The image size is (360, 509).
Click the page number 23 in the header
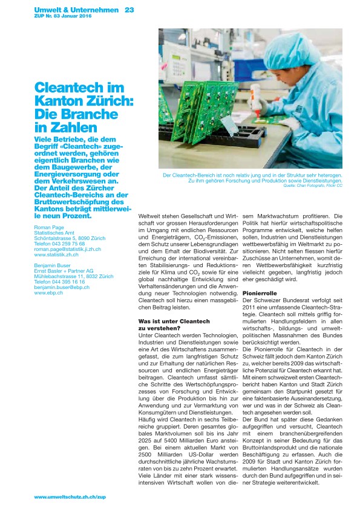click(x=129, y=10)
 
